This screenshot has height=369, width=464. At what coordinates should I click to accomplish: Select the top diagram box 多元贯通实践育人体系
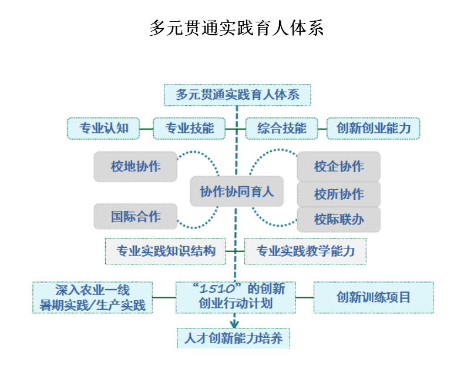[237, 95]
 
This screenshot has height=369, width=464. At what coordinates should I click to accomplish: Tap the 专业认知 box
[103, 128]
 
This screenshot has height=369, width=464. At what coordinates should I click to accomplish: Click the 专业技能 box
[189, 128]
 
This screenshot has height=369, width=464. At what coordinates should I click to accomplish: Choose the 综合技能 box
[281, 128]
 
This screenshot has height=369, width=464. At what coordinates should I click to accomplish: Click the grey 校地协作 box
[135, 166]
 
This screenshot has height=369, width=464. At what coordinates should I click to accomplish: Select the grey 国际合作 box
[135, 216]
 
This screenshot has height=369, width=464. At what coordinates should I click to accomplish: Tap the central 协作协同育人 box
[237, 192]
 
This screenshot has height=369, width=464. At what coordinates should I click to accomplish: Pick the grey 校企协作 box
[338, 166]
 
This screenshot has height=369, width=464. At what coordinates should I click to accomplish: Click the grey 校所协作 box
[338, 194]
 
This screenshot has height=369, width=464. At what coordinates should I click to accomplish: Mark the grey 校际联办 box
[338, 220]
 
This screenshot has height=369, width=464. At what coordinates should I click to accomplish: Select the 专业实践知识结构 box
[166, 251]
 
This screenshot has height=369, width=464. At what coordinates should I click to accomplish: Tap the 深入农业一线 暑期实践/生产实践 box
[93, 297]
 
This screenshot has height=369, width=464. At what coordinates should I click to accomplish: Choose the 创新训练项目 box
[374, 297]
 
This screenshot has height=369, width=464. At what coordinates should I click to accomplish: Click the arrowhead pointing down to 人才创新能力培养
[234, 323]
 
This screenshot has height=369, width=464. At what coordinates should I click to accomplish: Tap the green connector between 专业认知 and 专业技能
[146, 128]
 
